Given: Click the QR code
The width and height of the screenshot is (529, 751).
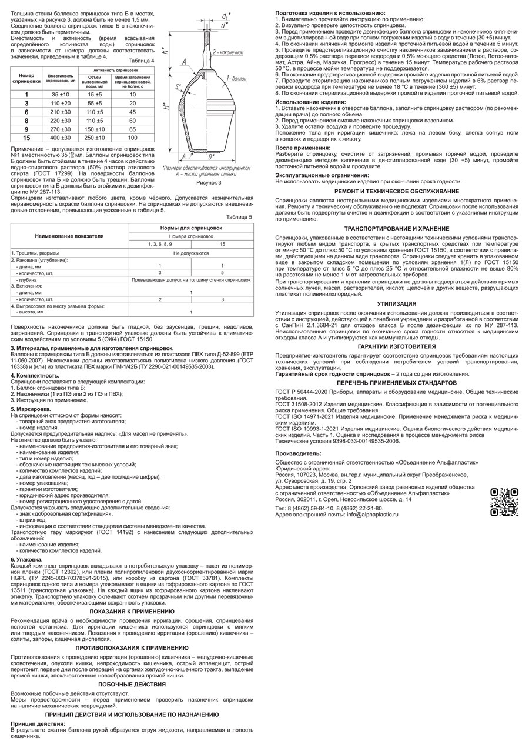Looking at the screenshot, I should [x=504, y=502].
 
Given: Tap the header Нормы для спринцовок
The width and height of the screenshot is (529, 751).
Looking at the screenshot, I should [x=191, y=226].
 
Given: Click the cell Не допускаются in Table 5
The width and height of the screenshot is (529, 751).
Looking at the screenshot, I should [x=191, y=253].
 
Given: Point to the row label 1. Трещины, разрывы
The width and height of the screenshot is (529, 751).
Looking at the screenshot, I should [x=35, y=253].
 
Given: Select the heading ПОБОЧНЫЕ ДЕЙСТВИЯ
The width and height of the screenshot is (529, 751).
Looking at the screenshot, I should [x=132, y=684].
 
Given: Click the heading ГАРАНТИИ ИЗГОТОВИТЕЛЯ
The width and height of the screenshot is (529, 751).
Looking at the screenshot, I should [x=396, y=346].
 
